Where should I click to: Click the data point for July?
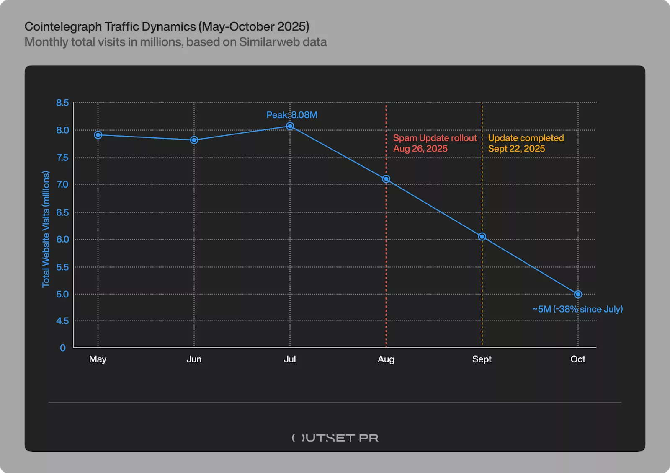pyautogui.click(x=290, y=126)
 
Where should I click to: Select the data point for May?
pyautogui.click(x=98, y=135)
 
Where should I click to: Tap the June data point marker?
pyautogui.click(x=194, y=140)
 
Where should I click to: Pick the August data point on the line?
pyautogui.click(x=386, y=179)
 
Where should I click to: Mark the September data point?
pyautogui.click(x=482, y=237)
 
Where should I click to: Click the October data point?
pyautogui.click(x=578, y=295)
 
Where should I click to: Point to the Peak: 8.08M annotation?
pyautogui.click(x=292, y=115)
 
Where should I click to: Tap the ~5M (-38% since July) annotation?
pyautogui.click(x=577, y=309)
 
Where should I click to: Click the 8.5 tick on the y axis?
pyautogui.click(x=62, y=103)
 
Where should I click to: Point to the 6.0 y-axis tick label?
pyautogui.click(x=62, y=240)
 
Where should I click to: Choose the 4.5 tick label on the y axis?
pyautogui.click(x=62, y=321)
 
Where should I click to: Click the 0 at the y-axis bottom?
pyautogui.click(x=63, y=348)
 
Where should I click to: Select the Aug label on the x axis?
pyautogui.click(x=386, y=359)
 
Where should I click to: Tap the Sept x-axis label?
pyautogui.click(x=482, y=359)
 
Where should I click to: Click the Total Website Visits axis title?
pyautogui.click(x=46, y=229)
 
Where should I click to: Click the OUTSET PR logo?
pyautogui.click(x=335, y=438)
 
